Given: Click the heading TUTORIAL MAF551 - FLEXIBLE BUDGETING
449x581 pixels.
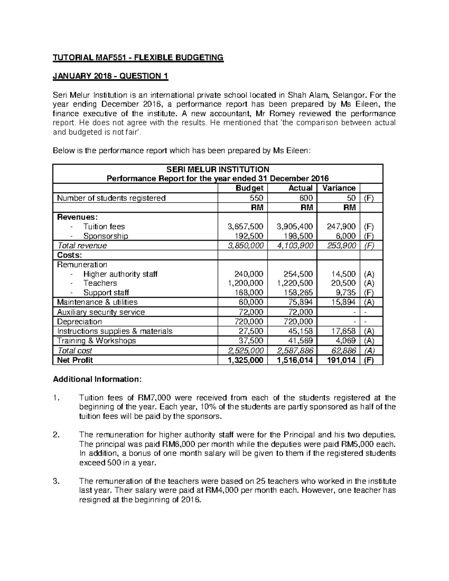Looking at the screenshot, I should click(138, 58).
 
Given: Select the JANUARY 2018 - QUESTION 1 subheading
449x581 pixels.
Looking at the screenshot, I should click(111, 76).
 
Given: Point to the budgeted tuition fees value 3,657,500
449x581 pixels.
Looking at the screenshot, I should click(245, 226).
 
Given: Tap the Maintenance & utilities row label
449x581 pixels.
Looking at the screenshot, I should click(97, 302).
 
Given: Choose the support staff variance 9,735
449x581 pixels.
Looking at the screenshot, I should click(346, 293).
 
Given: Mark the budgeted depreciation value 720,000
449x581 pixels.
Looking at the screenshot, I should click(248, 322).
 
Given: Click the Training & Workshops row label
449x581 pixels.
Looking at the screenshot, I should click(97, 341).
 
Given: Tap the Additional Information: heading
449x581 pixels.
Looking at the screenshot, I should click(97, 379).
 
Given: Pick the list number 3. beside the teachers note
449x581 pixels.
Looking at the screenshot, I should click(56, 481).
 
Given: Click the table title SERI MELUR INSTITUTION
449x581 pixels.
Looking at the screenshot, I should click(217, 169).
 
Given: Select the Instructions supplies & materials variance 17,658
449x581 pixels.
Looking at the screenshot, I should click(344, 331).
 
